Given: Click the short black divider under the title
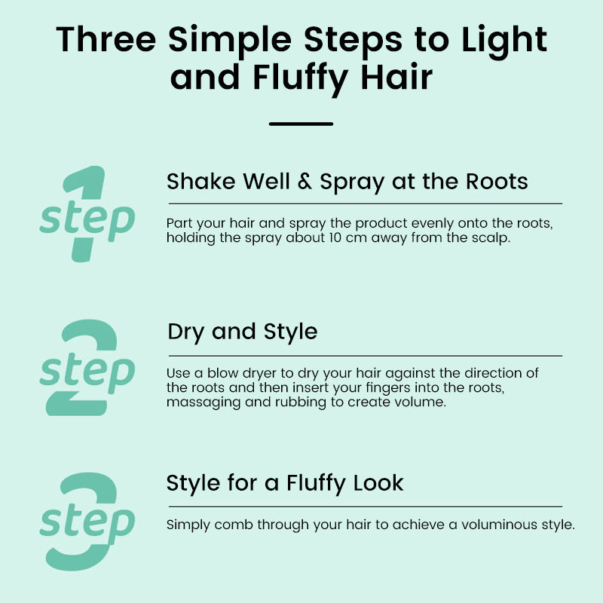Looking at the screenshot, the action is [301, 124].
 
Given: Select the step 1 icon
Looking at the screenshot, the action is [87, 214].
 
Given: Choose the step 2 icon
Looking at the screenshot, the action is [87, 367].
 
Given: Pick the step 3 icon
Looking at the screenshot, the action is [87, 521].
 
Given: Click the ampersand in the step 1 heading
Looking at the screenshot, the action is [305, 181].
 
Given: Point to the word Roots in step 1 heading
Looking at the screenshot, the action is [497, 181].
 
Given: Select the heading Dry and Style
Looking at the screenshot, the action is [243, 332].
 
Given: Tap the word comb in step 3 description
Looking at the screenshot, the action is [234, 525].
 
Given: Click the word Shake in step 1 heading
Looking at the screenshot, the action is [200, 181].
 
